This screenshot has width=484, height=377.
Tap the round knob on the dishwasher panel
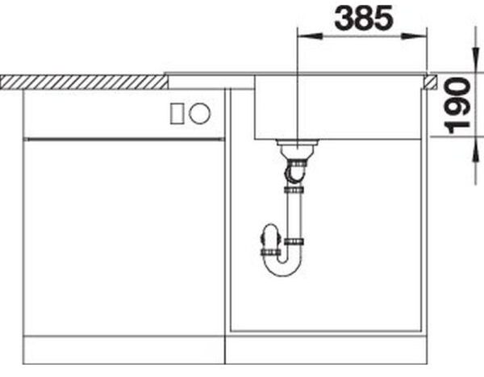(201, 113)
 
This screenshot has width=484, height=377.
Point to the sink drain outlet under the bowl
(296, 149)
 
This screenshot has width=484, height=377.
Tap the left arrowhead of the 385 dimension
(304, 35)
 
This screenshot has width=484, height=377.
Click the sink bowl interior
(339, 109)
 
